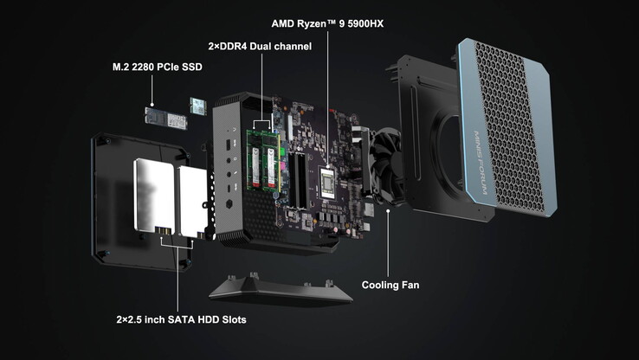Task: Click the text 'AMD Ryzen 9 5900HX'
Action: click(327, 23)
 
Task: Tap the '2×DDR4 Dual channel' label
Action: click(260, 47)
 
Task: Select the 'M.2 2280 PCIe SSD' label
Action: click(158, 67)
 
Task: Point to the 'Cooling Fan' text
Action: click(390, 285)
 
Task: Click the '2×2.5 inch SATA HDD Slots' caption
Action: click(181, 319)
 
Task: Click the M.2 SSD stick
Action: click(166, 118)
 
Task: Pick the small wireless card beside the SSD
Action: click(198, 106)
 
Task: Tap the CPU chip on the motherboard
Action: click(327, 183)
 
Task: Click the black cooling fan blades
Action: click(385, 165)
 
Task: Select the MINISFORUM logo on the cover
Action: click(481, 163)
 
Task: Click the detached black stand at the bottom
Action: click(281, 290)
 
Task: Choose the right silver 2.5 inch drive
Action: click(193, 202)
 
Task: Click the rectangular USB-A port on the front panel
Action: click(228, 144)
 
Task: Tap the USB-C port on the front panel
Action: click(229, 189)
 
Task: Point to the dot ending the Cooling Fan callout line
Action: click(388, 210)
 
